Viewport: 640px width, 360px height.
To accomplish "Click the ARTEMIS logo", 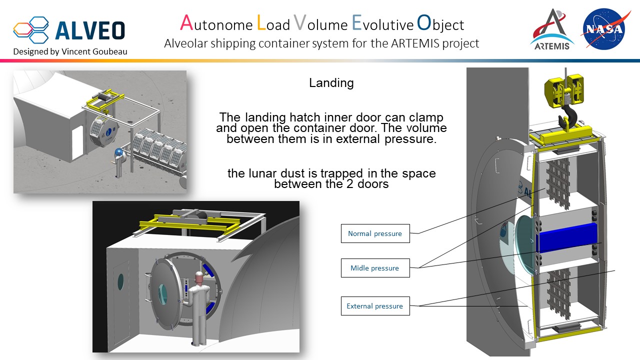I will tap(552, 30).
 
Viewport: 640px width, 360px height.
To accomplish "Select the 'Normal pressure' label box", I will tap(375, 233).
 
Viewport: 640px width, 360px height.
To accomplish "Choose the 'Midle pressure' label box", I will tap(375, 268).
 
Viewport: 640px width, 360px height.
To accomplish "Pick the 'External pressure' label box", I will tap(375, 306).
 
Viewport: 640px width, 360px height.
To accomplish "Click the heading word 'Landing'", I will tap(331, 83).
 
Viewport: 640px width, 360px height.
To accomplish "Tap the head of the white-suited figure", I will tap(198, 276).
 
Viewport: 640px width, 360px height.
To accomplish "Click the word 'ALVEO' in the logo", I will tap(90, 30).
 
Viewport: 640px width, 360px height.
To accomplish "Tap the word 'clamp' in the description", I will tap(424, 117).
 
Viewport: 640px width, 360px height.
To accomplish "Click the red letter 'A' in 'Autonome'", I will tap(186, 23).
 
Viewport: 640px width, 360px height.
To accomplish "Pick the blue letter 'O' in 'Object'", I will tap(423, 23).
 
